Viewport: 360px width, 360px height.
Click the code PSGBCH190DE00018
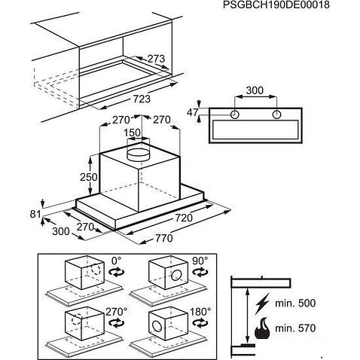[x=276, y=5]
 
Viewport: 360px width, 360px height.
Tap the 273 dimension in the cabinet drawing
[x=156, y=59]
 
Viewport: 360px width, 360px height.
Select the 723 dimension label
[x=142, y=99]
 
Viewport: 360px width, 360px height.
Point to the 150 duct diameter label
[x=133, y=133]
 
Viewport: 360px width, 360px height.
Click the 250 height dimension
[x=89, y=177]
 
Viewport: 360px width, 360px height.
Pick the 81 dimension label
[x=35, y=214]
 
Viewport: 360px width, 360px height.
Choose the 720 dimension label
[x=184, y=218]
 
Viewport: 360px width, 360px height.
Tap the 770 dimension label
[x=164, y=238]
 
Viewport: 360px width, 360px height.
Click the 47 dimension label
[x=193, y=112]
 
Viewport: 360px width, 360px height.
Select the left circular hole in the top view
[x=235, y=114]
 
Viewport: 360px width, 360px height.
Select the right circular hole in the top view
[x=276, y=114]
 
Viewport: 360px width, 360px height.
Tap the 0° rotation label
[x=116, y=261]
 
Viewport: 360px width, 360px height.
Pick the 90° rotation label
[x=200, y=261]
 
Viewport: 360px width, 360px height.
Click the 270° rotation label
[x=116, y=312]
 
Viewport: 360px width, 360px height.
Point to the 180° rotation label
[x=200, y=312]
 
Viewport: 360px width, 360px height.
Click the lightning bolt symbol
[x=262, y=304]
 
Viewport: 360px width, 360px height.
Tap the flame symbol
[x=262, y=328]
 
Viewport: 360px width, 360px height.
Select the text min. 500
[x=295, y=304]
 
